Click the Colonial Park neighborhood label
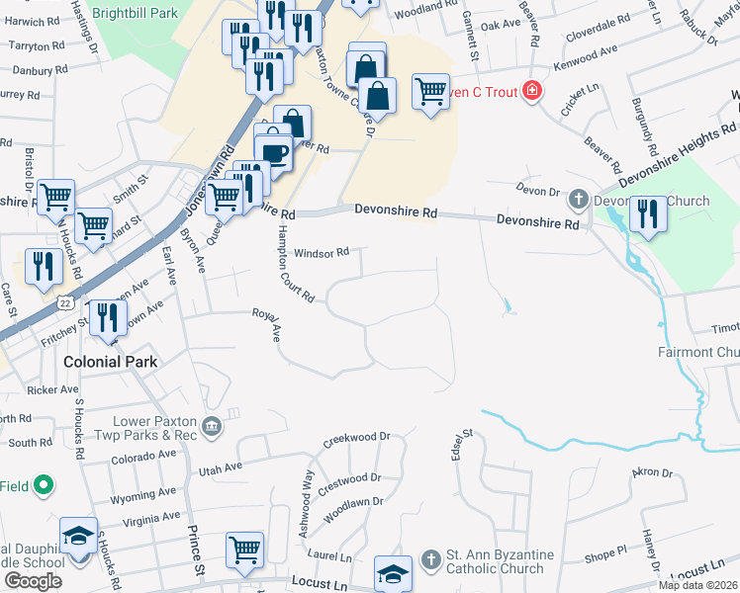coord(110,362)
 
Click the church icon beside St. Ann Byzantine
coord(429,560)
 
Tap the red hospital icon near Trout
coord(532,91)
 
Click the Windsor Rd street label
coord(323,252)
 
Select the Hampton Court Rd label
coord(294,262)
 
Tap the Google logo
coord(33,581)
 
